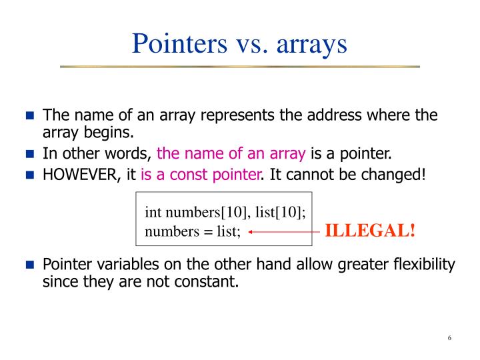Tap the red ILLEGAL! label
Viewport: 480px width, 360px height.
[x=370, y=231]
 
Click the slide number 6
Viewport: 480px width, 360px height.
[x=450, y=338]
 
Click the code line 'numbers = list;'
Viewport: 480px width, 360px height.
[x=193, y=232]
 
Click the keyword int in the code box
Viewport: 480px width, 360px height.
[x=153, y=213]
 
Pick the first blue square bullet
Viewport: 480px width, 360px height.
[x=29, y=115]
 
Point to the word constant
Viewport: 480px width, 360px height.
[x=207, y=281]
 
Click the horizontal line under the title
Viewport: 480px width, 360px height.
[x=240, y=67]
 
